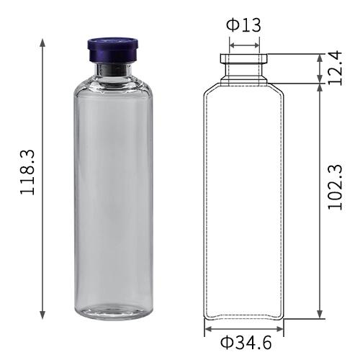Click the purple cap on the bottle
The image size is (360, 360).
tap(112, 50)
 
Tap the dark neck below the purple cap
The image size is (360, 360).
tap(112, 70)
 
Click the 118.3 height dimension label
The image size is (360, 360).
tap(27, 176)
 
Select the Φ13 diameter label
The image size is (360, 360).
tap(243, 25)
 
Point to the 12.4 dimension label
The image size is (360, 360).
tap(336, 68)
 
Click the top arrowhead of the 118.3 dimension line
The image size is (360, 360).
tap(43, 41)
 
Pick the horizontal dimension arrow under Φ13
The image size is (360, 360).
tap(244, 45)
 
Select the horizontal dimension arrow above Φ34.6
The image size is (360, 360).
tap(243, 328)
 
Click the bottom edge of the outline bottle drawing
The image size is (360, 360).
tap(243, 318)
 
